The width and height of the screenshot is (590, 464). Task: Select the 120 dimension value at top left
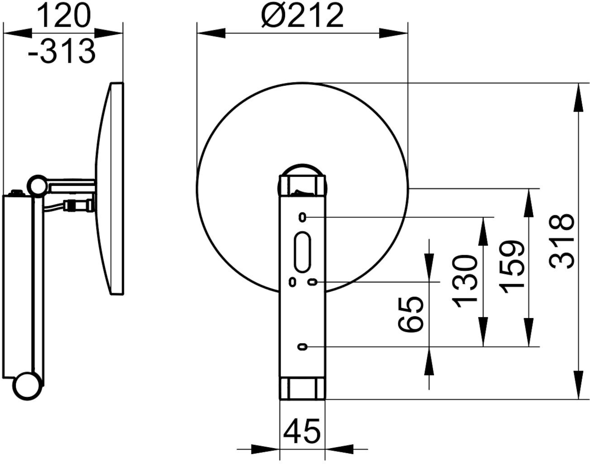[63, 16]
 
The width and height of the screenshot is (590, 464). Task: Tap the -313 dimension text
[62, 51]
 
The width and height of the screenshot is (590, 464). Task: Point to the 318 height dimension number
[561, 241]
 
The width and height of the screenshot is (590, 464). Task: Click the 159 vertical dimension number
[512, 267]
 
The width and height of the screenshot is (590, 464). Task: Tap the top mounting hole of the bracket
[303, 217]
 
